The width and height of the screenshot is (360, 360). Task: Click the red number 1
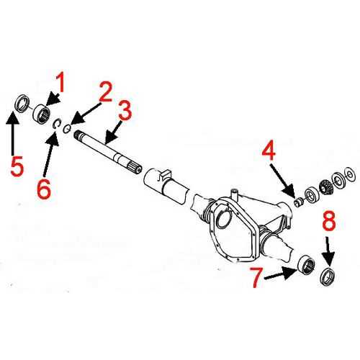[x=61, y=85]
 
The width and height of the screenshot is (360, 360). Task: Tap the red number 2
[x=105, y=91]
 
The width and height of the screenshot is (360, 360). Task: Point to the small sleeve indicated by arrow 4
[x=296, y=200]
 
